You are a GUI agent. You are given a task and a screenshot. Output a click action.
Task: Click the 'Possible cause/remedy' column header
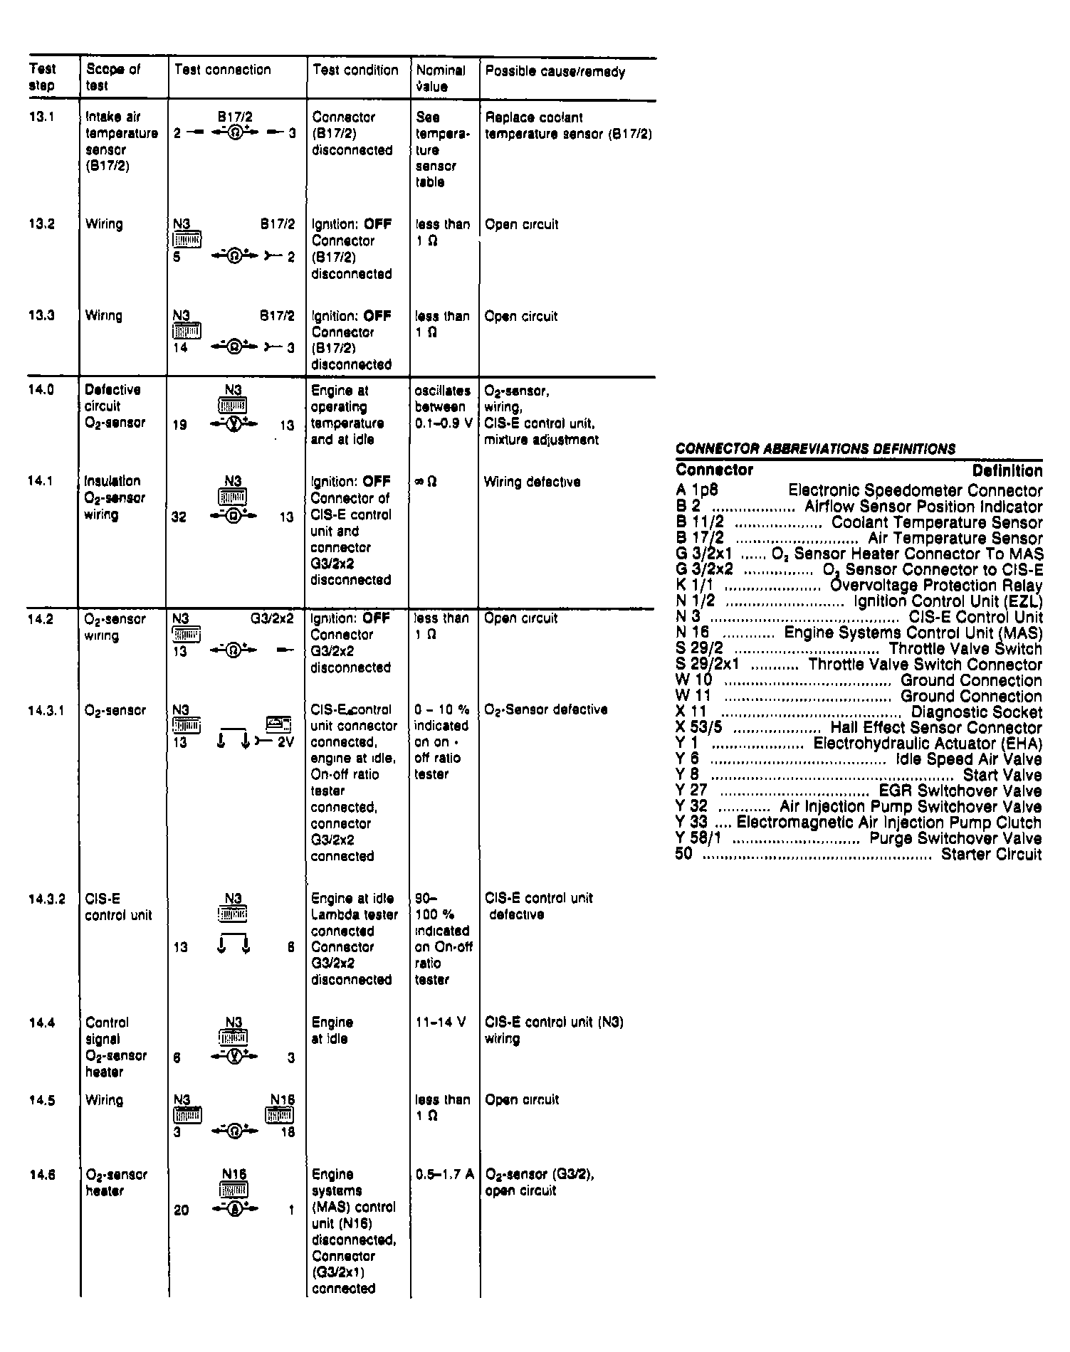(x=555, y=72)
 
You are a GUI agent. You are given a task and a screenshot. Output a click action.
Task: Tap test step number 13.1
(x=42, y=117)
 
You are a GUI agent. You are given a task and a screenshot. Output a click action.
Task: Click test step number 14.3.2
(x=47, y=899)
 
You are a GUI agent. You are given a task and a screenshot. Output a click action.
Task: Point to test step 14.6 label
(x=42, y=1175)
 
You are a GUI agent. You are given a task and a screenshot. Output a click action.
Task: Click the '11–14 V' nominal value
(x=440, y=1023)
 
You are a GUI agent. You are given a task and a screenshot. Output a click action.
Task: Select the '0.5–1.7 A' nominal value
(x=444, y=1174)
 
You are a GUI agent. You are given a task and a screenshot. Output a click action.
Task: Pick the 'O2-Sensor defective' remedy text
(x=545, y=710)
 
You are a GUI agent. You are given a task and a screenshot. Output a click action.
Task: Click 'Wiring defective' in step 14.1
(x=532, y=482)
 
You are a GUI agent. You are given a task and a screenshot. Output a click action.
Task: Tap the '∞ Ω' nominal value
(x=427, y=482)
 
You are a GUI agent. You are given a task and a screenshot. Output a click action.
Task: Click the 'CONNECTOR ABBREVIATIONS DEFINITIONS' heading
(x=815, y=449)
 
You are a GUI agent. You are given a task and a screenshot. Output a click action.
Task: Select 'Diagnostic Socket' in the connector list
(x=976, y=712)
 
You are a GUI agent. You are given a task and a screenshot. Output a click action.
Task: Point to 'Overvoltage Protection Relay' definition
(x=936, y=586)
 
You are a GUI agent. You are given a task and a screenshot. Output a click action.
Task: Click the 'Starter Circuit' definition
(x=991, y=855)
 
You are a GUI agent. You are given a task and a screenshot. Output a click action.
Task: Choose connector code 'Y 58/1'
(x=698, y=838)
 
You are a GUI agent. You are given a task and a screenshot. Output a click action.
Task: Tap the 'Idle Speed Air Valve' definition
(x=968, y=759)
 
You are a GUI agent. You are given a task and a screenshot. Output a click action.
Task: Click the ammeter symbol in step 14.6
(x=234, y=1209)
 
